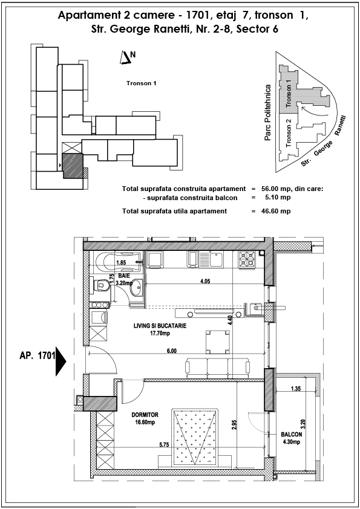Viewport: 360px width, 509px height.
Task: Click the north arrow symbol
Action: point(125,58)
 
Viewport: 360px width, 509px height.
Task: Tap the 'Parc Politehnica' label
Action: point(267,112)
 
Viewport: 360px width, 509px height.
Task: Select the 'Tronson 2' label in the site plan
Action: point(289,133)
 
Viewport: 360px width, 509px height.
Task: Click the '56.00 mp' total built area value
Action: point(272,189)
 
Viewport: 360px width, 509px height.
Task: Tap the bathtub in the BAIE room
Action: point(118,262)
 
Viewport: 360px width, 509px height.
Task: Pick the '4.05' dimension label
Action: point(205,281)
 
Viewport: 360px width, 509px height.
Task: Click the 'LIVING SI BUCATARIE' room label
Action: point(160,326)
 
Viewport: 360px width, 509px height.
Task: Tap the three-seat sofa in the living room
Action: point(218,368)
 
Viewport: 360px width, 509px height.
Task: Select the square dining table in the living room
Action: point(218,342)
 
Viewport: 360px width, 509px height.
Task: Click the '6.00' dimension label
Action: point(172,351)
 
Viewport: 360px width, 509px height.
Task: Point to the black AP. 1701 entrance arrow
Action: point(61,361)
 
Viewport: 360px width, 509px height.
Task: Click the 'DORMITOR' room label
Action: point(145,415)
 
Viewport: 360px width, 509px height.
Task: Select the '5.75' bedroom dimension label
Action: point(164,445)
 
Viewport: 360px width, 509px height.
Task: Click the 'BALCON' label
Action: point(292,434)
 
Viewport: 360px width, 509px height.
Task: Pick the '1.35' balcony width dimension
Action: point(296,389)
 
